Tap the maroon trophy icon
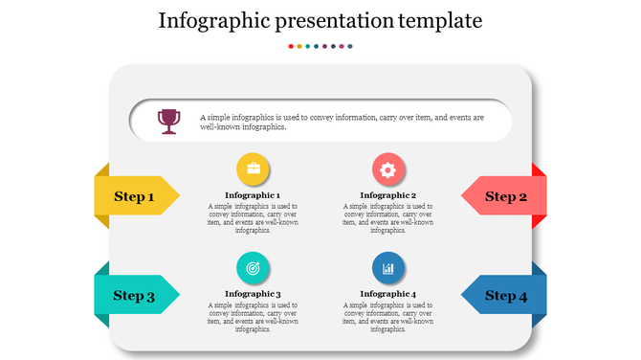coord(169,121)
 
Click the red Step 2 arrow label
coord(504,196)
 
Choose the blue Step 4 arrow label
coord(504,295)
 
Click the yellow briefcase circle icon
coord(254,169)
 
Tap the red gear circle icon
coord(387,169)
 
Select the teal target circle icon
coord(254,269)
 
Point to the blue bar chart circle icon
coord(387,269)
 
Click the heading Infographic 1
coord(253,195)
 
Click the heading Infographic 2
coord(387,195)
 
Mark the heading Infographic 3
coord(253,294)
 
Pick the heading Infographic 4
coord(387,294)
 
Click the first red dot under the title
coord(290,46)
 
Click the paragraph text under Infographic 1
coord(253,218)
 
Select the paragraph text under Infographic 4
coord(387,317)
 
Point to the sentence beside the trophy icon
coord(342,122)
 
